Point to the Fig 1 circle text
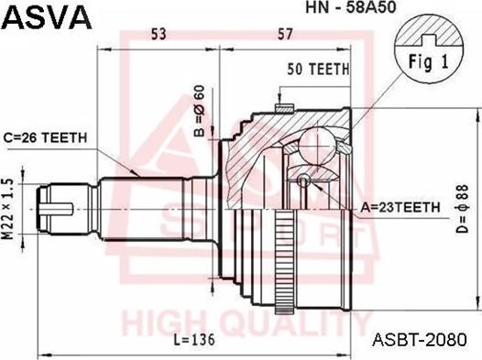[x=424, y=64]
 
